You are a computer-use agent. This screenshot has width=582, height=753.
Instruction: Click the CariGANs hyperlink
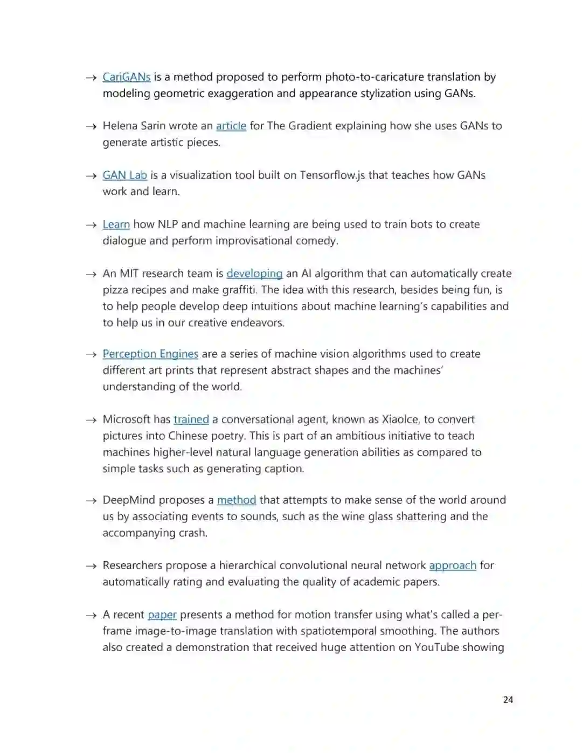coord(127,77)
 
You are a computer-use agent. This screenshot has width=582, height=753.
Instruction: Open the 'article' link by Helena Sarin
coord(231,126)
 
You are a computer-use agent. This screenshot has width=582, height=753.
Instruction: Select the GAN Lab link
coord(124,175)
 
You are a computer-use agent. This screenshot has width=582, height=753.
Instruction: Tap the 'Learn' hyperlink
coord(116,224)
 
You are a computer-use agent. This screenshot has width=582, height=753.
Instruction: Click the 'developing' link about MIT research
coord(254,273)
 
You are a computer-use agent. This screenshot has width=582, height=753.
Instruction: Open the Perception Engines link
coord(150,354)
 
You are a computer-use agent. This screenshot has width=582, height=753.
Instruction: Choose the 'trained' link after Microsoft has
coord(191,419)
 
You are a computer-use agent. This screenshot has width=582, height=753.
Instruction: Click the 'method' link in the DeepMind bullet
coord(236,500)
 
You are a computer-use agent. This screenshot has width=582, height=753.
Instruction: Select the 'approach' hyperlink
coord(453,565)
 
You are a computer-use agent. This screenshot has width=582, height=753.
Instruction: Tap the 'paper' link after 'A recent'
coord(162,615)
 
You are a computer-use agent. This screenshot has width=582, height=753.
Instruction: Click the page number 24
coord(508,700)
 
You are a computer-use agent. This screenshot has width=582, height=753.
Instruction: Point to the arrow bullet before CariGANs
coord(91,78)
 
